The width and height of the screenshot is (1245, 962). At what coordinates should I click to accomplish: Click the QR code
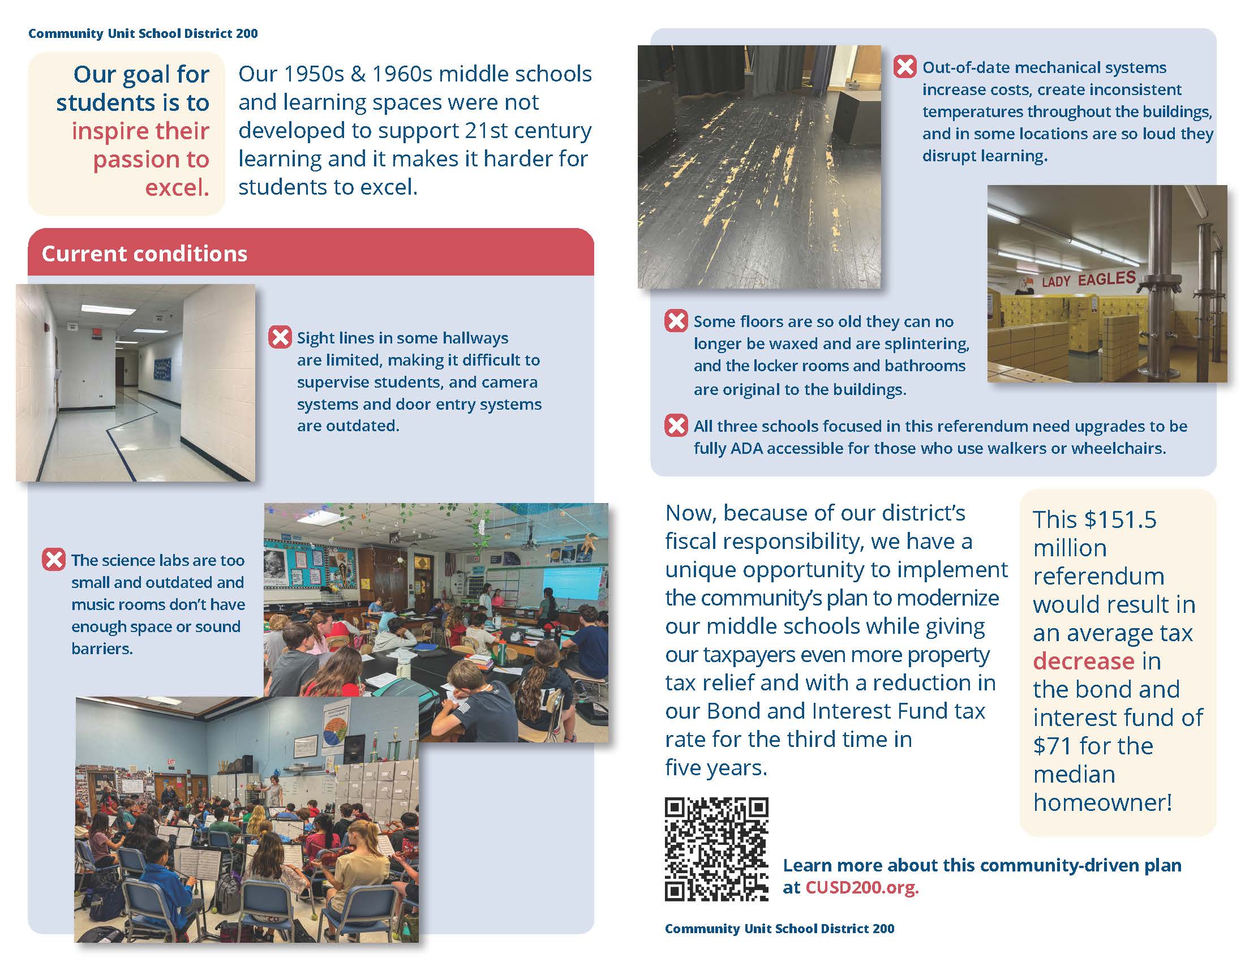click(x=716, y=849)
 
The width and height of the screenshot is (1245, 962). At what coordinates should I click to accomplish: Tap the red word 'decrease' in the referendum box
click(x=1083, y=661)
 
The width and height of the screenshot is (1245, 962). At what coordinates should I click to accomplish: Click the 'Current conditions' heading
click(x=144, y=254)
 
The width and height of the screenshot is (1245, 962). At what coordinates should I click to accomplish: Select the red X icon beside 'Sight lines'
click(x=280, y=337)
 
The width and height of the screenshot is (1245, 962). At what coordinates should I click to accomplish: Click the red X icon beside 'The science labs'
click(x=54, y=560)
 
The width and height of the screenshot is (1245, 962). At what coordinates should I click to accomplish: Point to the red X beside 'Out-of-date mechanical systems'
click(x=905, y=67)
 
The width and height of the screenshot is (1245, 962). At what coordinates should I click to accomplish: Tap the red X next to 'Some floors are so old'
click(x=676, y=321)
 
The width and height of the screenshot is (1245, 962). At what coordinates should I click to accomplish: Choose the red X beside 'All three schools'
click(x=676, y=426)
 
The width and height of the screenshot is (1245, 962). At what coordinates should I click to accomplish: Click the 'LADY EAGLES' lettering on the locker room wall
click(x=1088, y=279)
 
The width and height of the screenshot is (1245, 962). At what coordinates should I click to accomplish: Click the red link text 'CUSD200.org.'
click(x=861, y=887)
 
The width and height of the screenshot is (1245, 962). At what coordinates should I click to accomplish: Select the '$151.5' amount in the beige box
click(x=1119, y=519)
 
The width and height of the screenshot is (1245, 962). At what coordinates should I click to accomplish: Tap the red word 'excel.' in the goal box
click(x=177, y=187)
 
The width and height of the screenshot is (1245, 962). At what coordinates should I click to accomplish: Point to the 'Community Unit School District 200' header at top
click(x=143, y=33)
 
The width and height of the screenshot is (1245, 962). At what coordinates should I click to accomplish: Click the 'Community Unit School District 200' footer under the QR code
click(x=779, y=929)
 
